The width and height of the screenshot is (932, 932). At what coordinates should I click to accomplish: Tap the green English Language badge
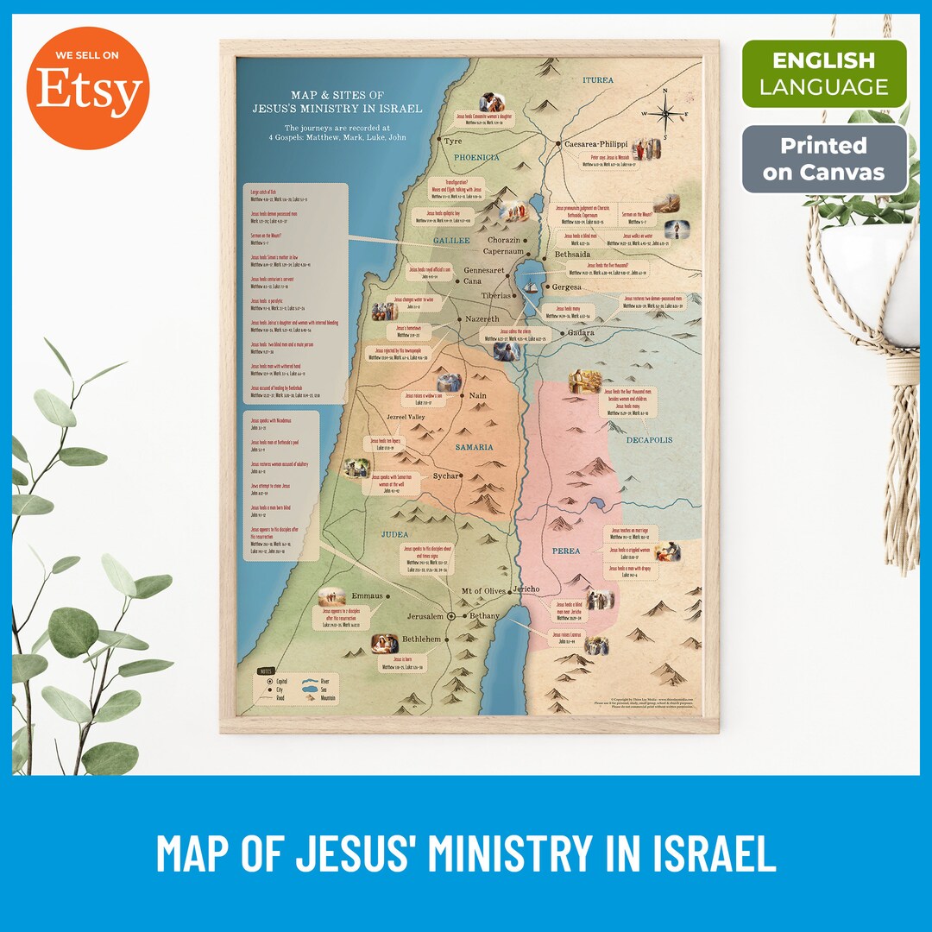click(x=824, y=73)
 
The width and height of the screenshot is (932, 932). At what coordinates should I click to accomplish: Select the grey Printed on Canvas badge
click(x=824, y=159)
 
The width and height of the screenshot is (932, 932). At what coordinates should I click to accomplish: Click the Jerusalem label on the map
click(x=425, y=616)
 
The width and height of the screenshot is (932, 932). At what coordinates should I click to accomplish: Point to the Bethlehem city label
click(x=421, y=639)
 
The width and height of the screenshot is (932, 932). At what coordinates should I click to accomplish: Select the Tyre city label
click(x=453, y=140)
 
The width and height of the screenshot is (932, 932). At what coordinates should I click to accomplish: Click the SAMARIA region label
click(x=475, y=447)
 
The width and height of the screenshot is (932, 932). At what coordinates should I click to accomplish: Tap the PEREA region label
click(x=566, y=551)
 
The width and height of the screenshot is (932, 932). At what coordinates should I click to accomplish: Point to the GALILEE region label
click(x=451, y=241)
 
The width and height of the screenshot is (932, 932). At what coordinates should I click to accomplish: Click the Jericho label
click(x=526, y=589)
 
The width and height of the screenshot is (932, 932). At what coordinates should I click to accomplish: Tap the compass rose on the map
click(x=666, y=111)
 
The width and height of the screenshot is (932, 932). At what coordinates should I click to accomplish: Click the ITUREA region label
click(x=598, y=80)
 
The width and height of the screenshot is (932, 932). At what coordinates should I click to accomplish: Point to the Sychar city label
click(x=446, y=475)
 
